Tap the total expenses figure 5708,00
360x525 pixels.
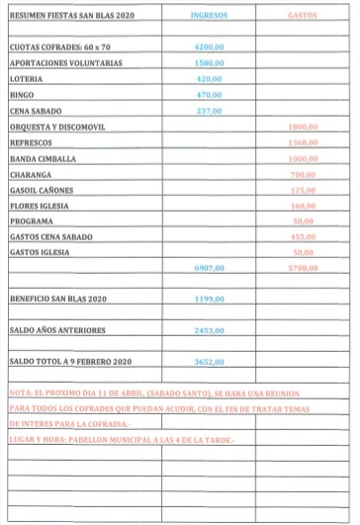(x=303, y=268)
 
